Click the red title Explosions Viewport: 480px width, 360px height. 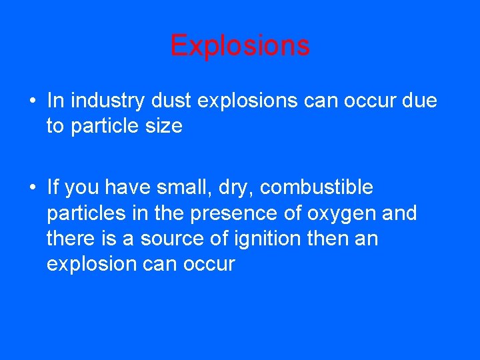tap(240, 46)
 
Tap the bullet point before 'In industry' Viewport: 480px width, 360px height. tap(32, 101)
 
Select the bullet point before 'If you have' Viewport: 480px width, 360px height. tap(32, 188)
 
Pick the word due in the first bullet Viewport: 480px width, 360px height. tap(419, 101)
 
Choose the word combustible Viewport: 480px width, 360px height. tap(317, 187)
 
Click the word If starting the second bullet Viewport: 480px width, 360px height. tap(53, 187)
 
